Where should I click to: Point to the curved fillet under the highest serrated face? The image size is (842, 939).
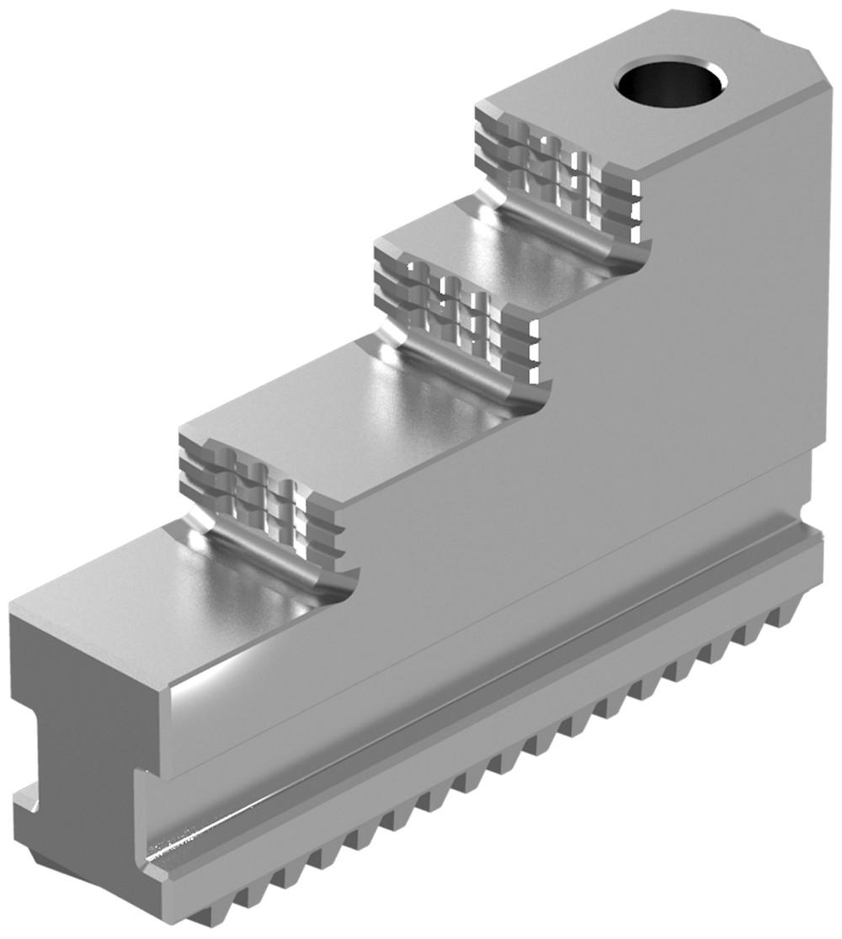573,244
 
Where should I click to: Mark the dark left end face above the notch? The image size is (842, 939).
76,665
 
